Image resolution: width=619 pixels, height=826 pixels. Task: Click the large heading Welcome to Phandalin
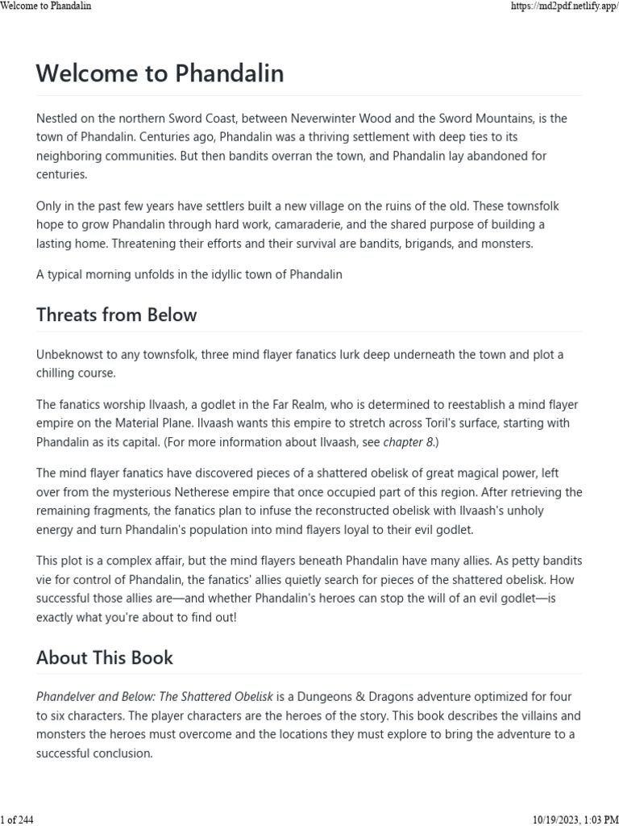(x=160, y=74)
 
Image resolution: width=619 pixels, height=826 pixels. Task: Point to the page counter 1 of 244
(x=17, y=820)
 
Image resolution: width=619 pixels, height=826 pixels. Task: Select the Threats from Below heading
(x=116, y=315)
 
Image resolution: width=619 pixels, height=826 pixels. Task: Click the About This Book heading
(x=104, y=657)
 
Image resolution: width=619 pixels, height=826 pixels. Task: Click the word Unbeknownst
(x=72, y=355)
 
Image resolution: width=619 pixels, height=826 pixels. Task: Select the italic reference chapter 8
(x=409, y=441)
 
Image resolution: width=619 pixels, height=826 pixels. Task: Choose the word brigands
(x=416, y=244)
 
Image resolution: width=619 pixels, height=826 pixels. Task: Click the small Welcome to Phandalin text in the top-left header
(x=46, y=6)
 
